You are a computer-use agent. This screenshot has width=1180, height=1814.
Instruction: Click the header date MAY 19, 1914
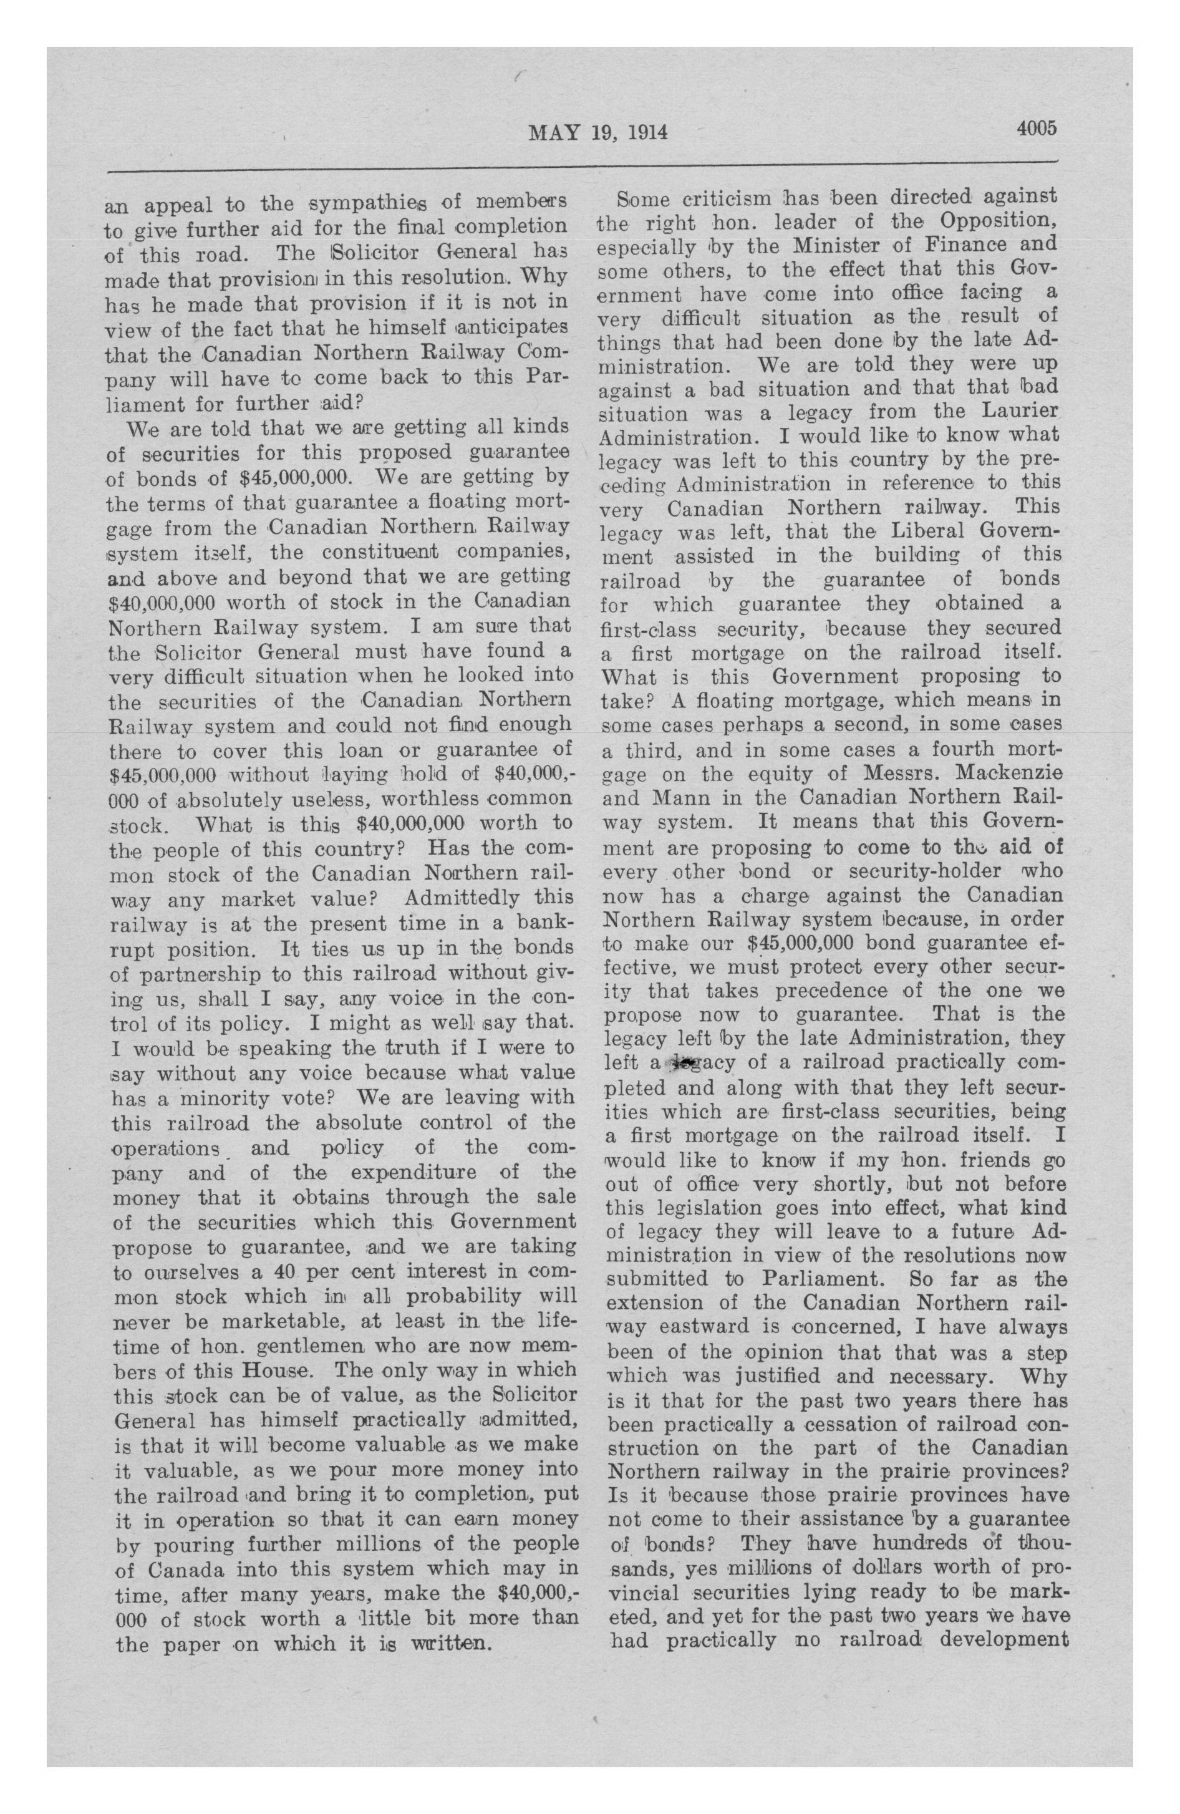[597, 133]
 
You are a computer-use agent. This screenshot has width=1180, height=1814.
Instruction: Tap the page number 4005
[1035, 128]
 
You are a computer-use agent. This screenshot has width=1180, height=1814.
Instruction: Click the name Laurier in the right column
[1015, 412]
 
